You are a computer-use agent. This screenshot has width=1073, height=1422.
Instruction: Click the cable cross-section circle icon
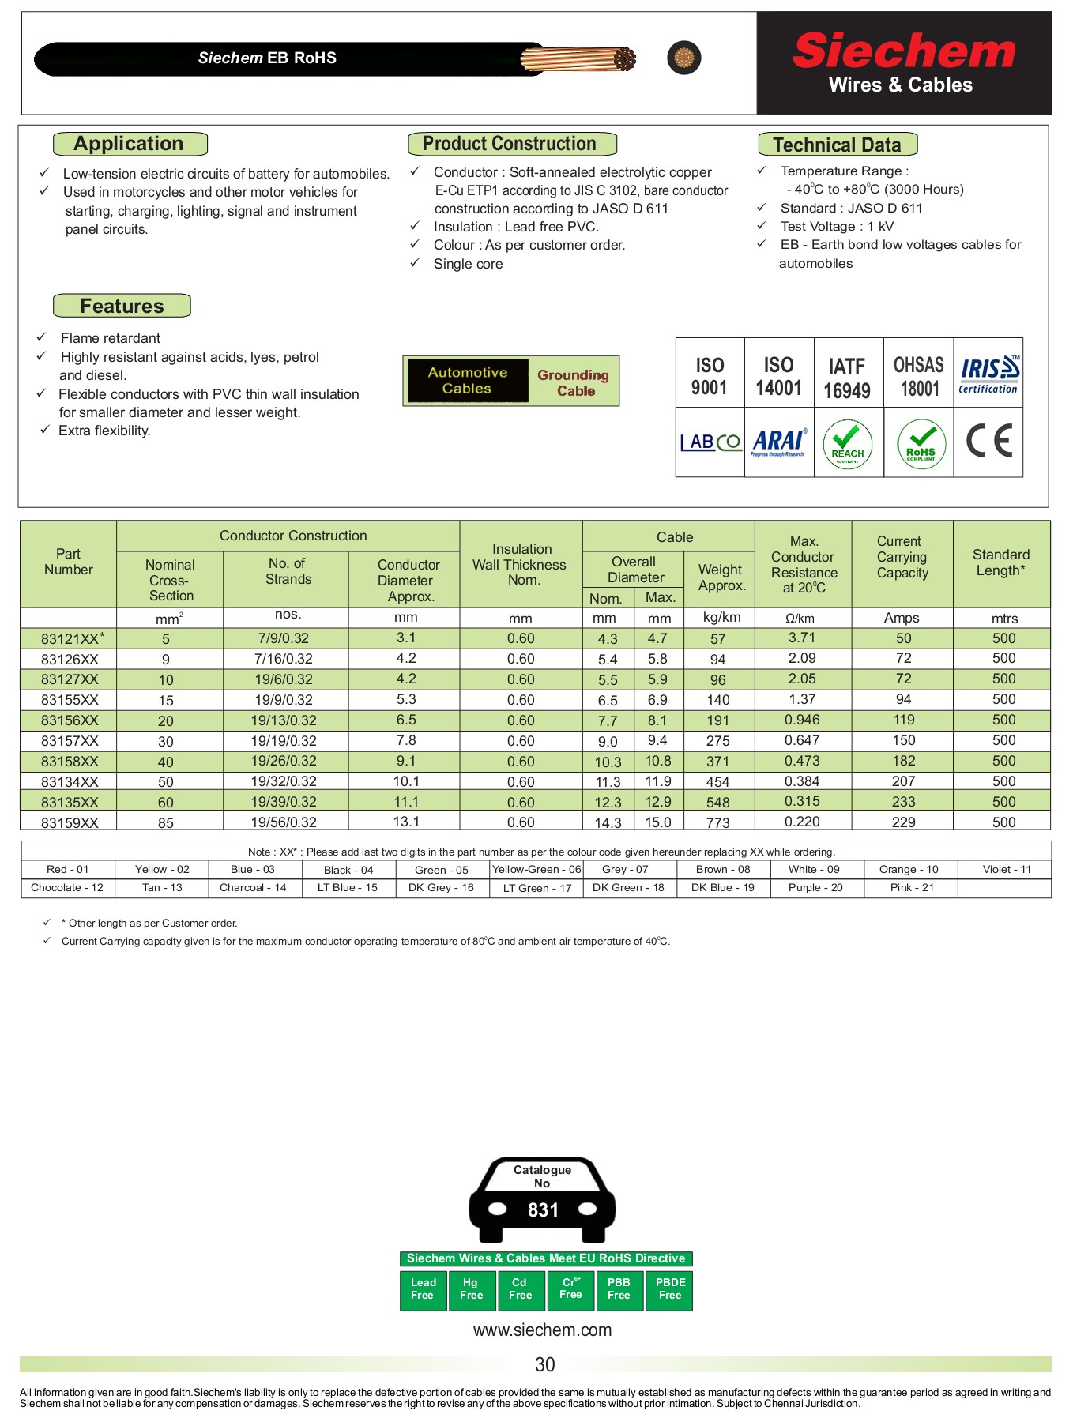point(683,58)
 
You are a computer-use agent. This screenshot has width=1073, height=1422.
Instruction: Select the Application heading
point(130,144)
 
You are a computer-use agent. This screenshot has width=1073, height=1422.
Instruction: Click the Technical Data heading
point(837,145)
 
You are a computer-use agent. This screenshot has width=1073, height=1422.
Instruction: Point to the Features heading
point(122,306)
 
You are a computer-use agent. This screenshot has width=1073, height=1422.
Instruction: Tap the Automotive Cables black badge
point(467,380)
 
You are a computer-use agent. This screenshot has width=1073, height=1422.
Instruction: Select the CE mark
point(988,441)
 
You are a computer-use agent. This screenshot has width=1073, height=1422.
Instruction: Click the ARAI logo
point(778,442)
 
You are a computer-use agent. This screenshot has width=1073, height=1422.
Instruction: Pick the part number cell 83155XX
point(70,700)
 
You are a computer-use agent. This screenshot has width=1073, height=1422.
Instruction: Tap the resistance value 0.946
point(802,720)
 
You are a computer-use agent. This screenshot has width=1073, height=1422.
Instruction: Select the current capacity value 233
point(903,802)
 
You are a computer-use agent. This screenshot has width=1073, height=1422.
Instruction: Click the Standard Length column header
point(1000,562)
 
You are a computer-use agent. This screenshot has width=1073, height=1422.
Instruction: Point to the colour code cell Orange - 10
point(909,869)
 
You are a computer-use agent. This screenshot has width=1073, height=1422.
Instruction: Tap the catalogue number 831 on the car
point(543,1209)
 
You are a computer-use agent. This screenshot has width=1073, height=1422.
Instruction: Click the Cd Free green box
point(520,1288)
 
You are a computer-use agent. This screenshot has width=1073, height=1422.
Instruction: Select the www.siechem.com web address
point(542,1330)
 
